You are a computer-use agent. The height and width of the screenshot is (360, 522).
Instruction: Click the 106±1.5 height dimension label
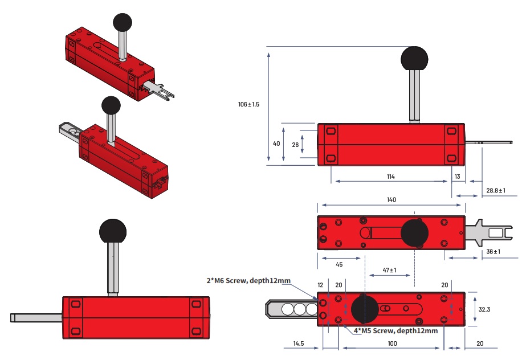click(249, 105)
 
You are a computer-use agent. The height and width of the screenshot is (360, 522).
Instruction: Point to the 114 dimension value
click(390, 177)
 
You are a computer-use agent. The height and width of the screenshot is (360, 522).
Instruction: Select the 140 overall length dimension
click(391, 200)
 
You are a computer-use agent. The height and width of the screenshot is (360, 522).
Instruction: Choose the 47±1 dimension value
click(389, 270)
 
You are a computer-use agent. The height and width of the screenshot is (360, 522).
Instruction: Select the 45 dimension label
click(339, 264)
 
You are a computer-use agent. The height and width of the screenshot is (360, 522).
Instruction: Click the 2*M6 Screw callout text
click(248, 280)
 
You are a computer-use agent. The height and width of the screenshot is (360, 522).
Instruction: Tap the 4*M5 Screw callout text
click(395, 330)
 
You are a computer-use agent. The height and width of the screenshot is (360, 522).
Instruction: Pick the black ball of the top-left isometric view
click(123, 22)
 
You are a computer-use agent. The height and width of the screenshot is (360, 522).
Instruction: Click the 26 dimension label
click(295, 144)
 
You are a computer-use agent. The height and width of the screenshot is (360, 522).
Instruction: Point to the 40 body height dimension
click(276, 144)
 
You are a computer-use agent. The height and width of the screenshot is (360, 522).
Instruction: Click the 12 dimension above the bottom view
click(320, 284)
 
